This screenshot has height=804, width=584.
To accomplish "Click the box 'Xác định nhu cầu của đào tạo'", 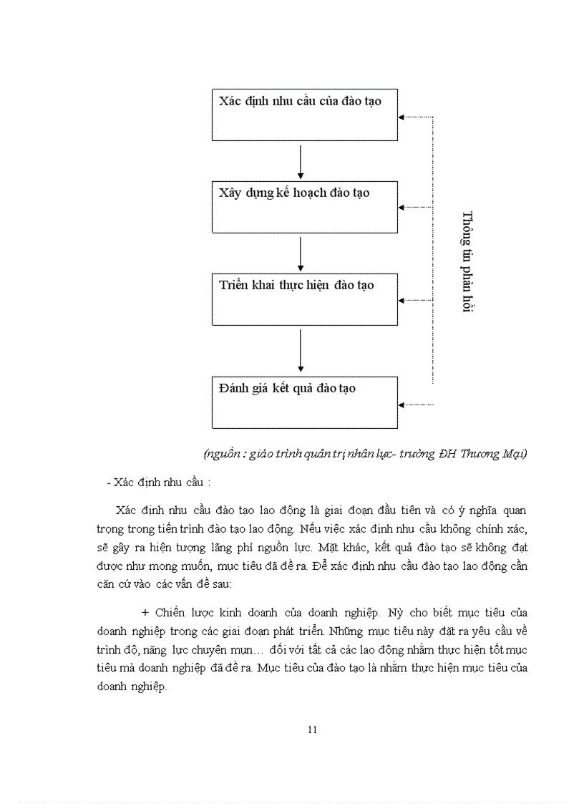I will click(304, 115).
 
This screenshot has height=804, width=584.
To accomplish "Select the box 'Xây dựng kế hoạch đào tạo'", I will click(304, 207).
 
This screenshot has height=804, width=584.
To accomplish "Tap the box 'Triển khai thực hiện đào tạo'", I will click(304, 299).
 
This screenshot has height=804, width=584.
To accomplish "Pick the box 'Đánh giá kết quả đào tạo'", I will click(304, 402).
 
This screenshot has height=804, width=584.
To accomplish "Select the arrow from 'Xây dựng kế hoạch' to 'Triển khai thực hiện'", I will click(301, 253).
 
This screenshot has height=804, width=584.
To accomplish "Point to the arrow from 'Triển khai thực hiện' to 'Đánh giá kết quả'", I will click(301, 351).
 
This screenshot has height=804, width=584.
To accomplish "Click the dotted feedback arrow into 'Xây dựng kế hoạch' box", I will click(415, 207).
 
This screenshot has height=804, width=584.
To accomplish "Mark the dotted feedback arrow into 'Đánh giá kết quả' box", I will click(415, 405).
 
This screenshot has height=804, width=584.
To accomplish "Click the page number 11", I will click(311, 730).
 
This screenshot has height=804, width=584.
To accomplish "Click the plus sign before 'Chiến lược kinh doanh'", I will click(145, 613).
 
